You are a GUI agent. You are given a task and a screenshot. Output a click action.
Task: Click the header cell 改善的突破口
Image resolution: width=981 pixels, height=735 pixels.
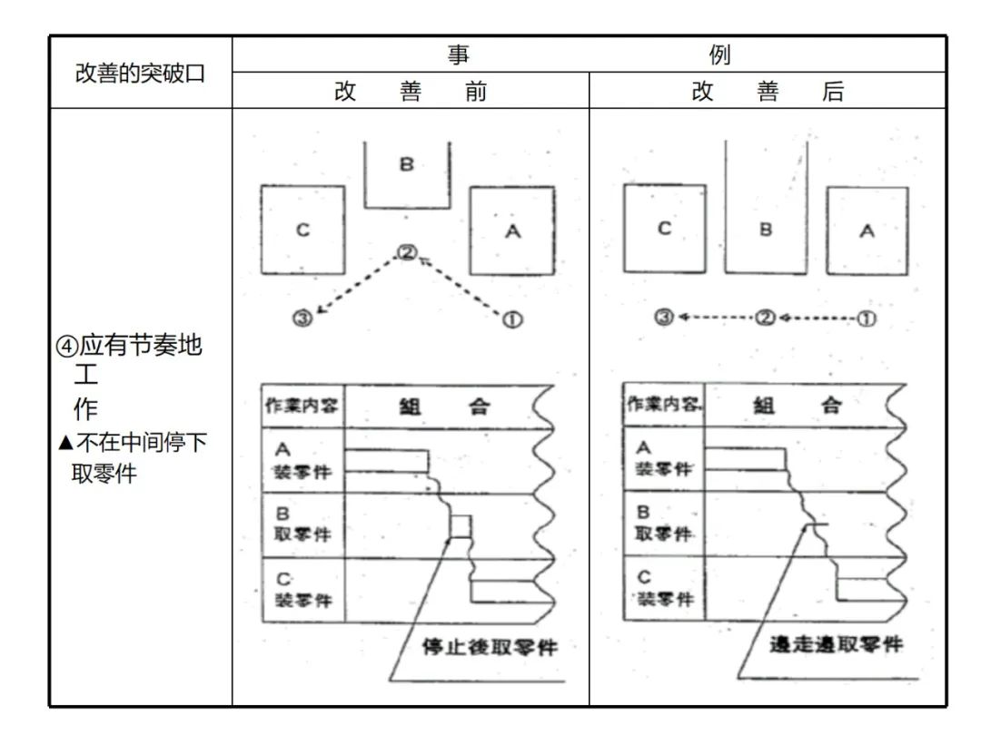[x=141, y=73]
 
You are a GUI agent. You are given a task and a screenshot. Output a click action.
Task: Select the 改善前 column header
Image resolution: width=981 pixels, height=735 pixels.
[x=411, y=92]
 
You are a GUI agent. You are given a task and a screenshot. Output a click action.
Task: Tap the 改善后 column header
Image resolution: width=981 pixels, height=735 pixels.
[x=768, y=92]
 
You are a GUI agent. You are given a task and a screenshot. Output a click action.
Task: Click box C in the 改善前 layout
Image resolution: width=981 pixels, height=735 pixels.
[x=302, y=230]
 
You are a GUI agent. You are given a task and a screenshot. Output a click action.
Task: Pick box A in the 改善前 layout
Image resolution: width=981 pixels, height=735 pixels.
[x=512, y=230]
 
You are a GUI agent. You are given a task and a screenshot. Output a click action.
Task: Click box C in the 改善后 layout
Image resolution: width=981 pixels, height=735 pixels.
[x=664, y=229]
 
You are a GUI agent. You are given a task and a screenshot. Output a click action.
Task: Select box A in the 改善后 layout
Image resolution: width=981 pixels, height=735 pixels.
[x=867, y=230]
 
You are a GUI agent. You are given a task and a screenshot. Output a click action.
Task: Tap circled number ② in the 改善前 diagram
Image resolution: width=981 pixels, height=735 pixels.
[x=407, y=253]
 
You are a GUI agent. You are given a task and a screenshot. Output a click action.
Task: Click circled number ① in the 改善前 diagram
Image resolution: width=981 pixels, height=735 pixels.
[x=511, y=319]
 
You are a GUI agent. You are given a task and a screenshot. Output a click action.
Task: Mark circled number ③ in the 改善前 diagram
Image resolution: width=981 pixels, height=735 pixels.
[x=302, y=318]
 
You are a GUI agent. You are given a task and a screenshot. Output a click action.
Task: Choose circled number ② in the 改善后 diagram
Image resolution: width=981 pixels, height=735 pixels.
[x=766, y=318]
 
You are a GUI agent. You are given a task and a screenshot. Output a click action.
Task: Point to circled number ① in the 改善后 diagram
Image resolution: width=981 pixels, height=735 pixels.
[x=867, y=318]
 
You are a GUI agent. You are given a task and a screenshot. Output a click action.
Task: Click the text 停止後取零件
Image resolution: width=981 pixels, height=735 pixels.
[x=490, y=647]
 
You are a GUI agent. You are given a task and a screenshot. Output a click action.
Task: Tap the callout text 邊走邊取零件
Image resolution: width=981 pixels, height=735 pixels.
[x=837, y=645]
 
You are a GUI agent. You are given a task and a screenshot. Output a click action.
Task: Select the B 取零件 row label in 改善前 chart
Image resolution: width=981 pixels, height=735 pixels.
[x=302, y=524]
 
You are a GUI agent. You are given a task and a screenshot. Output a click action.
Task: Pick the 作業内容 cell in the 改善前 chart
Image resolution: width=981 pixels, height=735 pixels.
[x=302, y=406]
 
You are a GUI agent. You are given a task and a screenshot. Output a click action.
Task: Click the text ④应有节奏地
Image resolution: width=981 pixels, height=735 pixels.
[x=141, y=348]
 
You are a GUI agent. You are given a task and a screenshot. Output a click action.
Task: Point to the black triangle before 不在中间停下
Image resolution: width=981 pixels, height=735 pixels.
[x=64, y=443]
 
